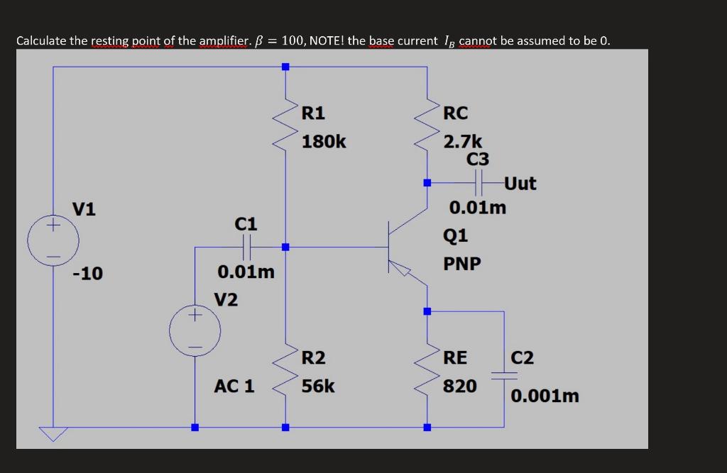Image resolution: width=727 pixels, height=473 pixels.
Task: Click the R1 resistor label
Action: pos(313,113)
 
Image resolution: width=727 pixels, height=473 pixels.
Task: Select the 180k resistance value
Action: pos(324,142)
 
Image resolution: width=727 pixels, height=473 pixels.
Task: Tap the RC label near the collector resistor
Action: pos(455,113)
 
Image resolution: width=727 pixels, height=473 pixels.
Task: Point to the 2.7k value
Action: pos(463,142)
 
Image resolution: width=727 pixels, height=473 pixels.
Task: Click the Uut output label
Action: pos(520,184)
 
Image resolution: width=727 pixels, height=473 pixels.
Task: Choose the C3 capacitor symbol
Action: pos(479,184)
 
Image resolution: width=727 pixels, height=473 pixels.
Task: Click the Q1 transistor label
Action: pos(455,235)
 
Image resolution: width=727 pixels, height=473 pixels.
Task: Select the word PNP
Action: pos(462,264)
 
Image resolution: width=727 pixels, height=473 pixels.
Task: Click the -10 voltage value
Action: pos(87,273)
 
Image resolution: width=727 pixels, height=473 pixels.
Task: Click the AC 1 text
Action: pos(234,386)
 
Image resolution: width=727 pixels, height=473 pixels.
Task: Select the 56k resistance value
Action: pos(318,386)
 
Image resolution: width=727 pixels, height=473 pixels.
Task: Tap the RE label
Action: pos(455,357)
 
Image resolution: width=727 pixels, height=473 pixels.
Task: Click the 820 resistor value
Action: pos(460,386)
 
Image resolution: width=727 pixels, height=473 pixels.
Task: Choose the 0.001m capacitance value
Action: pos(545,396)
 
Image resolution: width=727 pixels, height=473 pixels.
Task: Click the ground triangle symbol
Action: pos(53,433)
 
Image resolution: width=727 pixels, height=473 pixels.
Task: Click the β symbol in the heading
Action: pos(259,40)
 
